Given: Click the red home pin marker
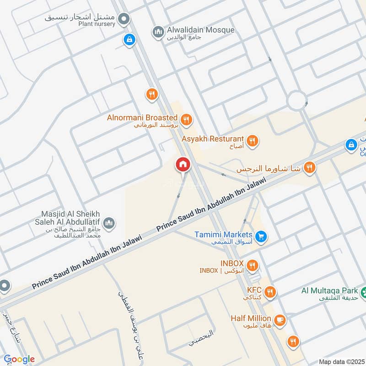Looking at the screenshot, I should coord(183,164).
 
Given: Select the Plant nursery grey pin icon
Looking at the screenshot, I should coord(123,19).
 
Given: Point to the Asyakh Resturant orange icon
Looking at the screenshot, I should coord(252,140).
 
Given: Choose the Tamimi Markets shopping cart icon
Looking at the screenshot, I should coord(261,237).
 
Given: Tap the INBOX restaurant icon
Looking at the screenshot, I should coord(252,265).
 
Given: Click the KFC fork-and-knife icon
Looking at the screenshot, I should coord(270,291).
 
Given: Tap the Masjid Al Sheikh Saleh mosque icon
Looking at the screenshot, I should coord(109,223).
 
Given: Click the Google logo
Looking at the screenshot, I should coord(19,359).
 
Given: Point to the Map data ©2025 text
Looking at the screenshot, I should coord(341,362).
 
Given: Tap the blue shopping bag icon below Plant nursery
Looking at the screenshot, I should coord(129,39).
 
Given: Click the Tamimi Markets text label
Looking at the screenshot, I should coord(223,234).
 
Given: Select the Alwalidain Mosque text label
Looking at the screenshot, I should coord(200,30).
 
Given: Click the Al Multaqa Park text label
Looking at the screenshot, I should coord(329,290).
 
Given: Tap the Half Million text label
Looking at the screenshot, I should coord(251,318).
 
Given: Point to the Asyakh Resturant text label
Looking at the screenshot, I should coord(212,138).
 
